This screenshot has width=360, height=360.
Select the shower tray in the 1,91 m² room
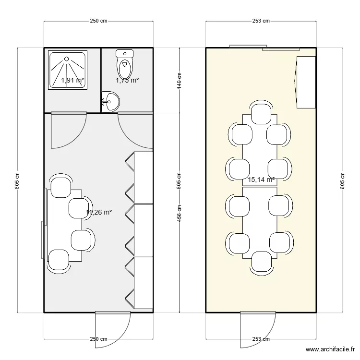pyautogui.click(x=68, y=70)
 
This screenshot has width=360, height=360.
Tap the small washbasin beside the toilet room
pyautogui.click(x=110, y=101)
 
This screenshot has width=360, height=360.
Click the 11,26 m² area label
pyautogui.click(x=99, y=212)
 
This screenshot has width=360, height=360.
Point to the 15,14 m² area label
pyautogui.click(x=261, y=180)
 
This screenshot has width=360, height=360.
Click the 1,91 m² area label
pyautogui.click(x=72, y=81)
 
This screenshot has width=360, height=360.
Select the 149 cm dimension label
pyautogui.click(x=179, y=81)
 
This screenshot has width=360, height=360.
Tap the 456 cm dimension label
pyautogui.click(x=179, y=213)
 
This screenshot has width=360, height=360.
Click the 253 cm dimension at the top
pyautogui.click(x=261, y=21)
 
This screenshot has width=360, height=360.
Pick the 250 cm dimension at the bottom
pyautogui.click(x=98, y=339)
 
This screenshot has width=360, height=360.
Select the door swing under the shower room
pyautogui.click(x=67, y=130)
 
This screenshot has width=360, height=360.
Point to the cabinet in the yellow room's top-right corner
pyautogui.click(x=305, y=82)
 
